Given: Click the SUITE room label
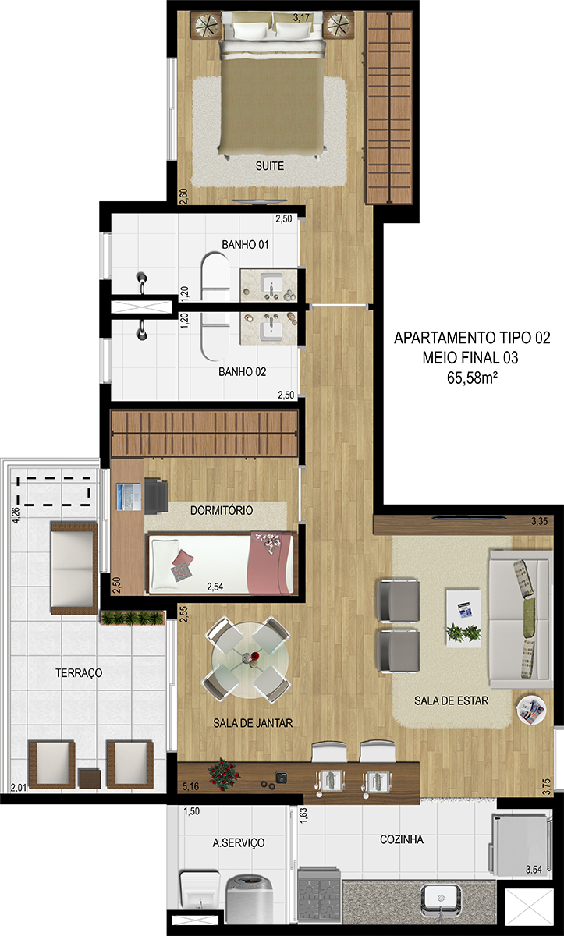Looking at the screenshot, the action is pyautogui.click(x=269, y=166).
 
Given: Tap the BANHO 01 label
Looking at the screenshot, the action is pyautogui.click(x=245, y=244).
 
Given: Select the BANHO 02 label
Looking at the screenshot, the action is pyautogui.click(x=243, y=371).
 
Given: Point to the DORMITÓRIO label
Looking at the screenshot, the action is pyautogui.click(x=222, y=510).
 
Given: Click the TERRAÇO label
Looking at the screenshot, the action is pyautogui.click(x=79, y=672).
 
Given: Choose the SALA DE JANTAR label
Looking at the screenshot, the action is pyautogui.click(x=253, y=723).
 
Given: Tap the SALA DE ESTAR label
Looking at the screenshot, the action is pyautogui.click(x=451, y=700).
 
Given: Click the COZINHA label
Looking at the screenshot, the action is pyautogui.click(x=402, y=839).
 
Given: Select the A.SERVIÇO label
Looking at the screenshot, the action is pyautogui.click(x=239, y=843).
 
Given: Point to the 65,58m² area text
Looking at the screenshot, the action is pyautogui.click(x=472, y=378).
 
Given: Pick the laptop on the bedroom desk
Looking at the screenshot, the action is pyautogui.click(x=129, y=497).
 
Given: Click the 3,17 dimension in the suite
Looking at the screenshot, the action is pyautogui.click(x=301, y=17).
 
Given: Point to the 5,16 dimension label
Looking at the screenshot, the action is pyautogui.click(x=190, y=786).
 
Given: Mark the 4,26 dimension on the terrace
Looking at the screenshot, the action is pyautogui.click(x=16, y=515).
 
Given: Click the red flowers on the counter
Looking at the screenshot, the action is pyautogui.click(x=224, y=774).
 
